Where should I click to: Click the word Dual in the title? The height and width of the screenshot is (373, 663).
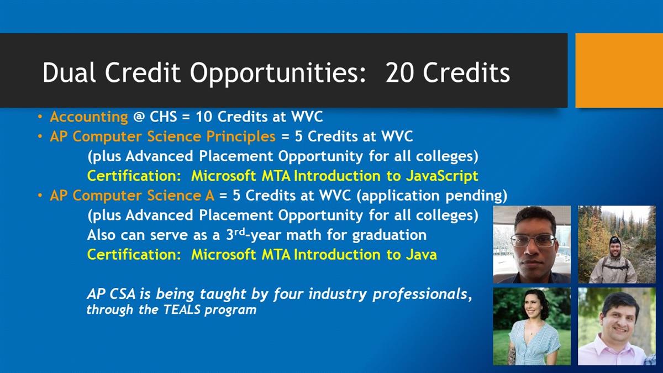tap(69, 72)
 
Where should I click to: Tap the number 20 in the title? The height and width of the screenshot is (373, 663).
tap(399, 72)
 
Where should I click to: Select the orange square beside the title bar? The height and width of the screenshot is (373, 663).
tap(619, 71)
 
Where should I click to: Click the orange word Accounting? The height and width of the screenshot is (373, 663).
tap(89, 117)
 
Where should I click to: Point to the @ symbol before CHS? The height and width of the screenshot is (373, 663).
tap(139, 117)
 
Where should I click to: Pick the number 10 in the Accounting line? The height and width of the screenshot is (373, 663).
tap(204, 117)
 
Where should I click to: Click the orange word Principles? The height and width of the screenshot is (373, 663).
tap(241, 137)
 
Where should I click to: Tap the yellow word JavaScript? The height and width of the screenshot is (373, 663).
tap(442, 176)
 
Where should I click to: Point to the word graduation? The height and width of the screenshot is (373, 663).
tap(390, 235)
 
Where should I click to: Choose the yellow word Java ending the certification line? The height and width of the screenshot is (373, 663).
tap(421, 255)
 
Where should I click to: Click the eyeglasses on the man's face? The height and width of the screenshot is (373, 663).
tap(533, 240)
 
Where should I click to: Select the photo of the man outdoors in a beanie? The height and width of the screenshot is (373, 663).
tap(617, 244)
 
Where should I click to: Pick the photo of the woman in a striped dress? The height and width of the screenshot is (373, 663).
tap(532, 326)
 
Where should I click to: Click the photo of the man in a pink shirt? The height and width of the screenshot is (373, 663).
tap(617, 326)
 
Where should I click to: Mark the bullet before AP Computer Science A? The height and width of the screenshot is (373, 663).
tap(40, 196)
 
